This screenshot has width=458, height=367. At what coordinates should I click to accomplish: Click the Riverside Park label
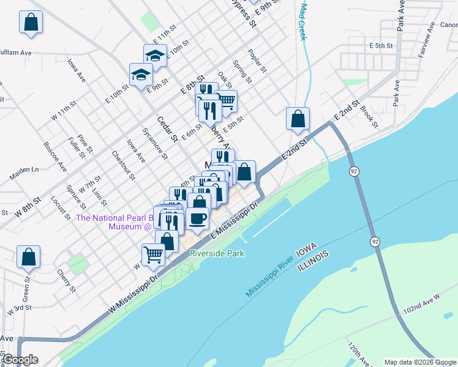(x=217, y=253)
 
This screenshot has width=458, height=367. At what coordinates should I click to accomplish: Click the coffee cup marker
(x=198, y=218)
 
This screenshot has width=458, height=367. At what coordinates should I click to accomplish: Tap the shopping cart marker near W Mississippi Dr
(x=153, y=253)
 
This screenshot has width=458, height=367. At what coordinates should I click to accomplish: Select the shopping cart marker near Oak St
(x=226, y=100)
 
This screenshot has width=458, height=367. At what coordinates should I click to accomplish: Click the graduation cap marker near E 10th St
(x=156, y=54)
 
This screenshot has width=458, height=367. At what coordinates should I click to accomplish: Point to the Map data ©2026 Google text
(x=420, y=362)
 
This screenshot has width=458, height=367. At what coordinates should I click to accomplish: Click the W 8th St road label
(x=29, y=200)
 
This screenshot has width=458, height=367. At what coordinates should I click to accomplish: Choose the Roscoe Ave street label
(x=54, y=157)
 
